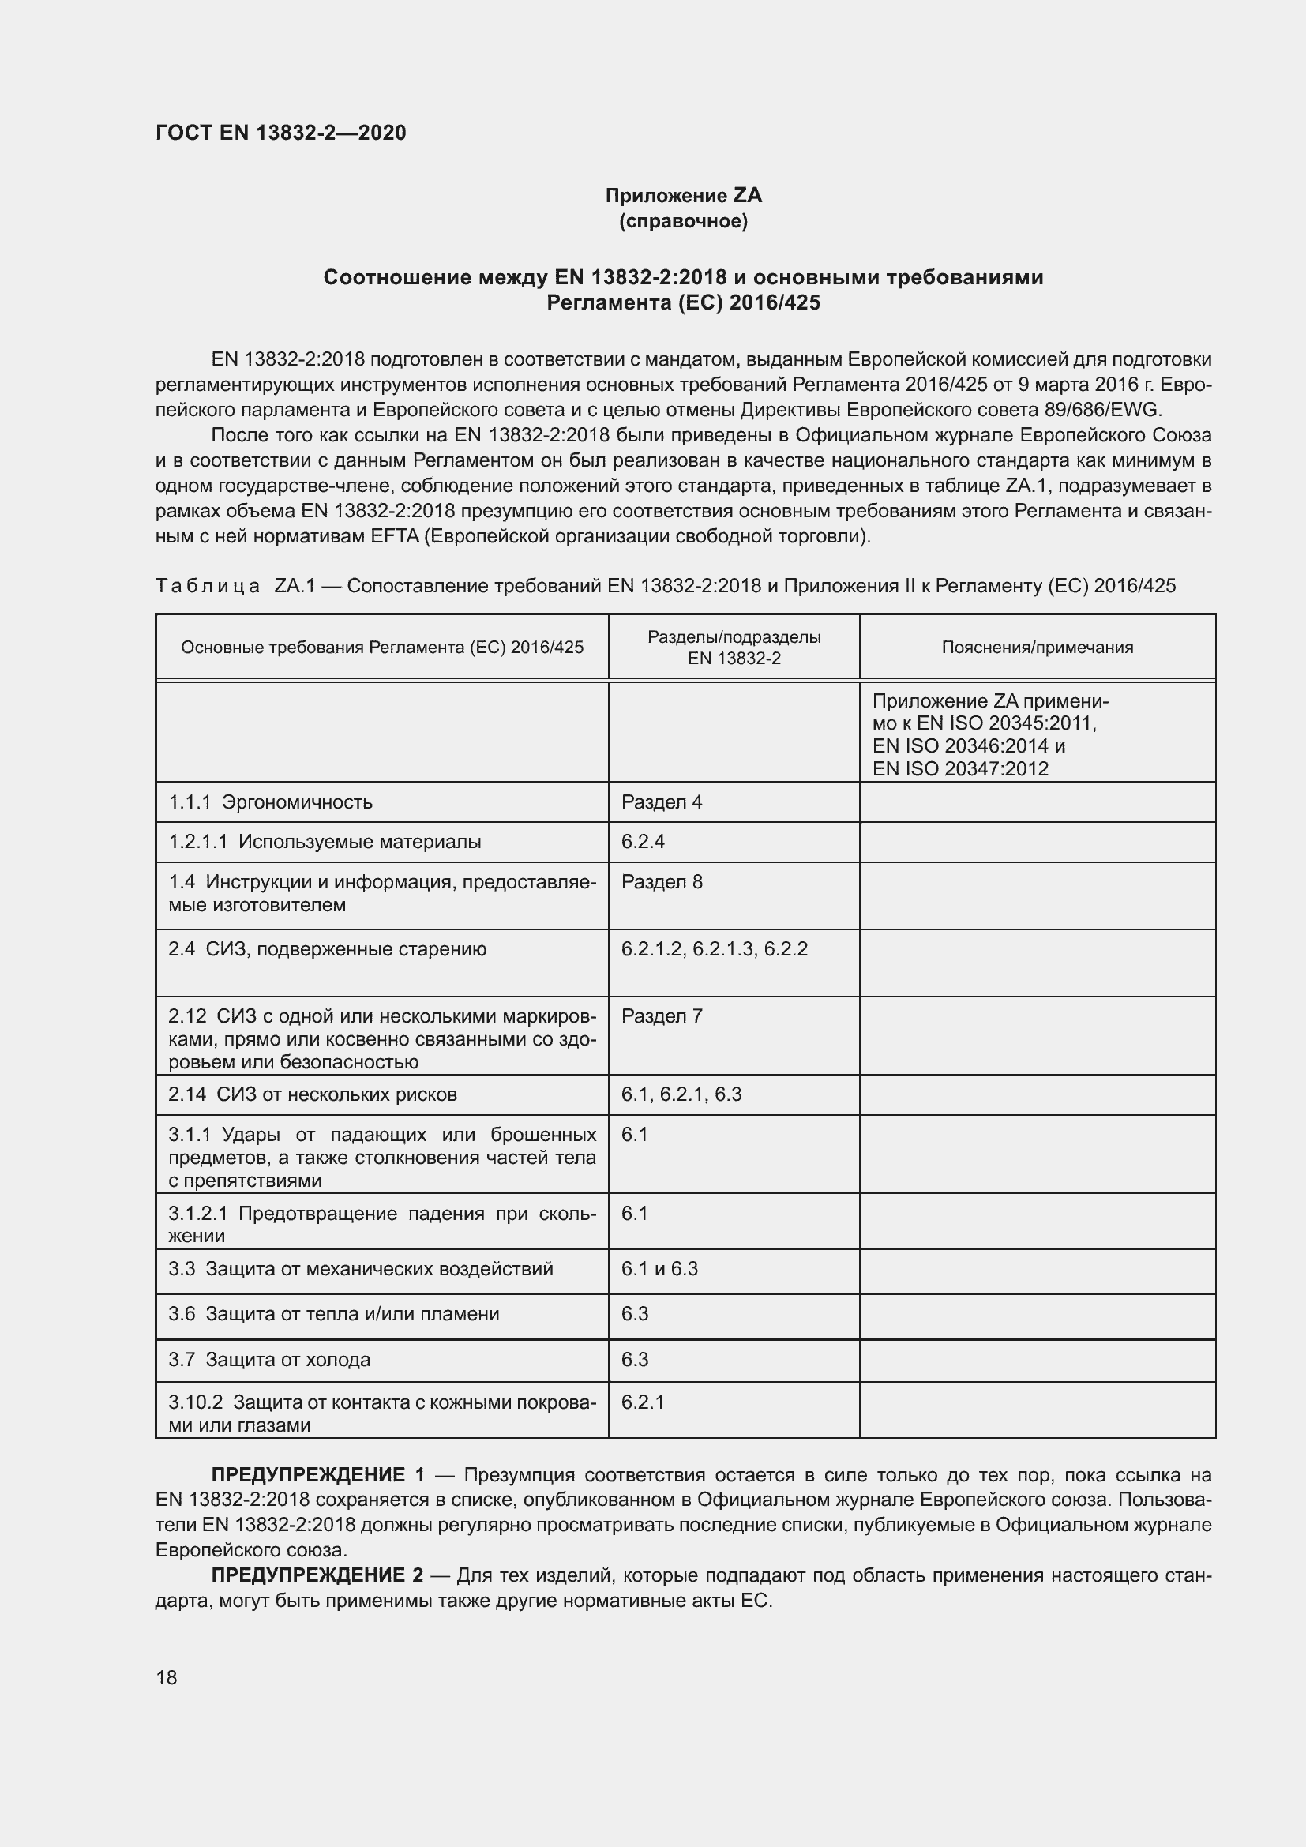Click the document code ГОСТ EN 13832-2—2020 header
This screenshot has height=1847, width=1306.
tap(280, 133)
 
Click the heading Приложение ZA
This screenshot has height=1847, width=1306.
tap(683, 196)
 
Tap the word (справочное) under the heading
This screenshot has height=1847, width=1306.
tap(683, 221)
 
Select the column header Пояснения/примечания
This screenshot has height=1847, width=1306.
tap(1037, 648)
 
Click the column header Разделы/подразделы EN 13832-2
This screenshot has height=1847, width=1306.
tap(734, 648)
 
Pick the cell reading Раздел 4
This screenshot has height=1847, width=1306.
tap(661, 802)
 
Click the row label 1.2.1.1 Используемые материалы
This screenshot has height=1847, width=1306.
tap(325, 842)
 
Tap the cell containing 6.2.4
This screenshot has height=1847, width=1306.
tap(643, 842)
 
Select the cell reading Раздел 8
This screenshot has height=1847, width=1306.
tap(661, 882)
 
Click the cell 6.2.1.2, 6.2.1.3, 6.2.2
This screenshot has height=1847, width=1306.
tap(713, 948)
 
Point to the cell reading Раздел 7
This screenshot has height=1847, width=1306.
tap(661, 1016)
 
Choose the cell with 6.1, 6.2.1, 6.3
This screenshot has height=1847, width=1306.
tap(681, 1094)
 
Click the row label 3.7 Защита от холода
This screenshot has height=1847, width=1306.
tap(269, 1360)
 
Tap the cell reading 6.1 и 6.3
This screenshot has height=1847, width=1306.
tap(659, 1269)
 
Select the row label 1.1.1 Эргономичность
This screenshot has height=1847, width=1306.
tap(270, 802)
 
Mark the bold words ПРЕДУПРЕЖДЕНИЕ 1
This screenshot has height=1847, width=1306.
tap(317, 1474)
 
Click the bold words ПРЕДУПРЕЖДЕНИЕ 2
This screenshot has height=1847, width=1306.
tap(317, 1575)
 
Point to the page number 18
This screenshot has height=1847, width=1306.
tap(167, 1677)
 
